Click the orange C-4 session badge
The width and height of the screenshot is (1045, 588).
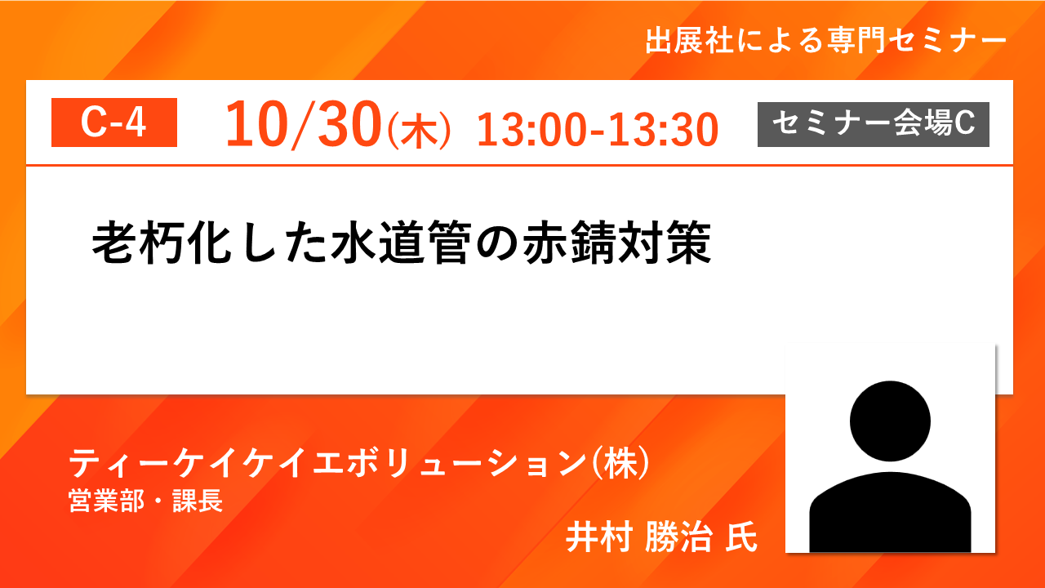click(x=114, y=122)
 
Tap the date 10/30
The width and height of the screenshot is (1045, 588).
click(x=304, y=124)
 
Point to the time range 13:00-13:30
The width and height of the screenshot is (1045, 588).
click(x=598, y=130)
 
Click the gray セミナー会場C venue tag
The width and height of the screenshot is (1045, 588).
click(x=874, y=124)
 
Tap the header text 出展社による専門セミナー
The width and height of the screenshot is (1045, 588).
click(x=825, y=41)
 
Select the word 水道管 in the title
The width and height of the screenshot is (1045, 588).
click(x=401, y=243)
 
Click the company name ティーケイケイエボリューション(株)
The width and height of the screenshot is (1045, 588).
click(x=359, y=463)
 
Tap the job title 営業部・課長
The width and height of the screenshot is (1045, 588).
click(x=146, y=501)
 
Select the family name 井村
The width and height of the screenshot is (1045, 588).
click(x=599, y=537)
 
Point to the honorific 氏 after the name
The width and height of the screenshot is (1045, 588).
click(x=741, y=537)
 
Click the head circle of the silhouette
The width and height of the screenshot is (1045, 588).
click(x=890, y=421)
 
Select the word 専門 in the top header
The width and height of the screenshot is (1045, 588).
click(x=856, y=41)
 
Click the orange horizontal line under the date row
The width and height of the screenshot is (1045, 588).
click(x=519, y=165)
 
